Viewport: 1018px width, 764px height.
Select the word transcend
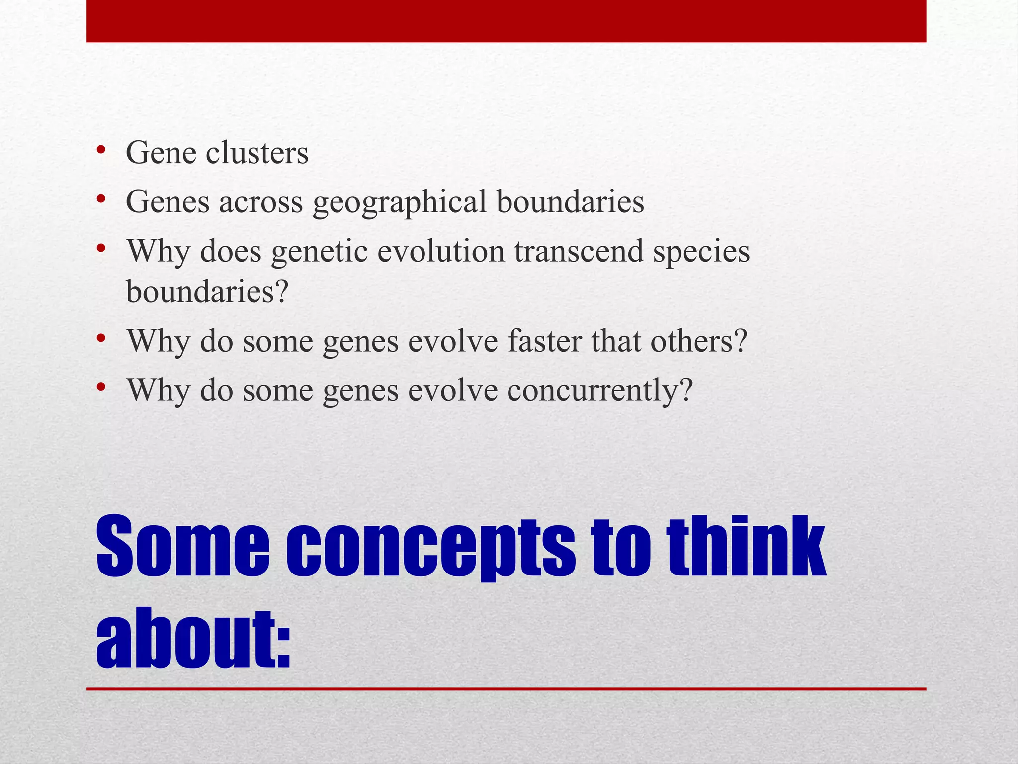(579, 251)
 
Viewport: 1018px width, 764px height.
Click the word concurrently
(599, 390)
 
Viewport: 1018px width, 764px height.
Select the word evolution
(440, 251)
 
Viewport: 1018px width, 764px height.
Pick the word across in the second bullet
(260, 203)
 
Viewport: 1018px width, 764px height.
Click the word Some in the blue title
(182, 547)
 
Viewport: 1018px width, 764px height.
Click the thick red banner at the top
(506, 21)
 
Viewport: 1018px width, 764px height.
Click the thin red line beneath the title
(506, 689)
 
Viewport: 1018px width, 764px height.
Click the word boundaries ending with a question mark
(206, 291)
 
